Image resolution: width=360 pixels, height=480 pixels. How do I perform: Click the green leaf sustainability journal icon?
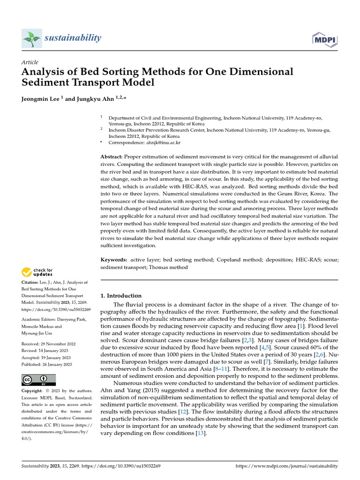click(31, 38)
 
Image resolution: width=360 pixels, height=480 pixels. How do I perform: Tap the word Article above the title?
click(30, 62)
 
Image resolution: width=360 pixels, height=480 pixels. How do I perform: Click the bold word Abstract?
click(112, 156)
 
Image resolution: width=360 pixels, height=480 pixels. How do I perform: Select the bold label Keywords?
click(114, 259)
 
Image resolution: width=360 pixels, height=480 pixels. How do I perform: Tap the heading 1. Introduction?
click(121, 296)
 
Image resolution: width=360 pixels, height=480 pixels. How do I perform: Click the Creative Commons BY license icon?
click(39, 380)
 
